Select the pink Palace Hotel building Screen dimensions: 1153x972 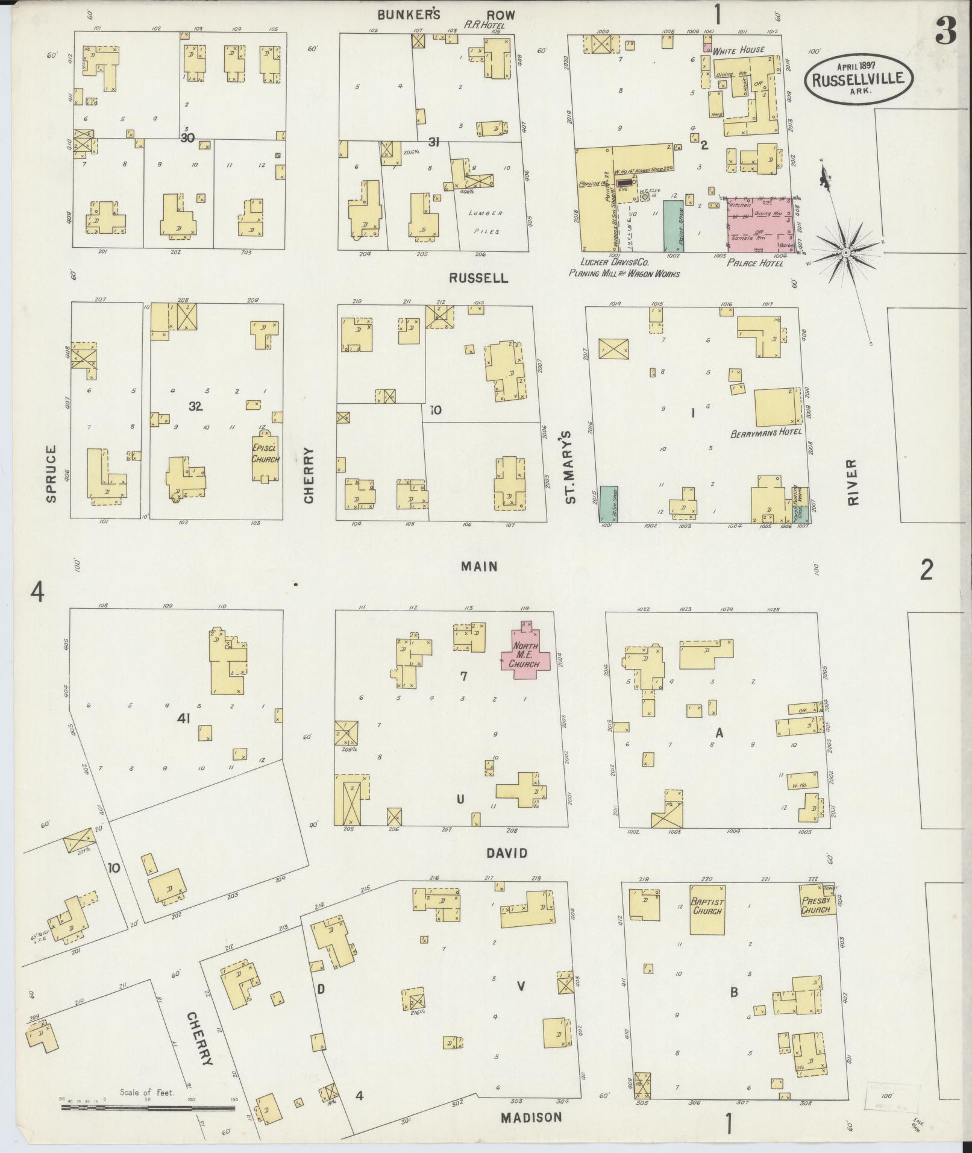pyautogui.click(x=759, y=224)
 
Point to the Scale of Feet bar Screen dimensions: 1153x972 pyautogui.click(x=148, y=1108)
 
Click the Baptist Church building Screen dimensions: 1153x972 pyautogui.click(x=707, y=909)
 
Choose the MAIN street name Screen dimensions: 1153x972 pyautogui.click(x=479, y=566)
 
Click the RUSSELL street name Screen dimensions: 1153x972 pyautogui.click(x=479, y=278)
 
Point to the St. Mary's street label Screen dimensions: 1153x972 pyautogui.click(x=571, y=466)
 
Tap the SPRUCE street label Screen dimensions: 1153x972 pyautogui.click(x=51, y=473)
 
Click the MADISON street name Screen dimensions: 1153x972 pyautogui.click(x=531, y=1117)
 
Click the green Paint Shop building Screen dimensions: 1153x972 pyautogui.click(x=670, y=226)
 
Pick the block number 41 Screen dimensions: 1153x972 pyautogui.click(x=184, y=718)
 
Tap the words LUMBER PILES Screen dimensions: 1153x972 pyautogui.click(x=486, y=222)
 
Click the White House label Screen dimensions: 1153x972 pyautogui.click(x=738, y=50)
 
